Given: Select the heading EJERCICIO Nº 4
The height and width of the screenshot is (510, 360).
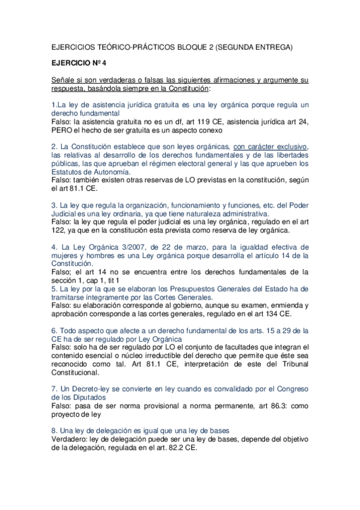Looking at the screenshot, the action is [x=78, y=62].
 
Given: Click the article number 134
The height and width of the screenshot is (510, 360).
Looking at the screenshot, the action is [x=265, y=314].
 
